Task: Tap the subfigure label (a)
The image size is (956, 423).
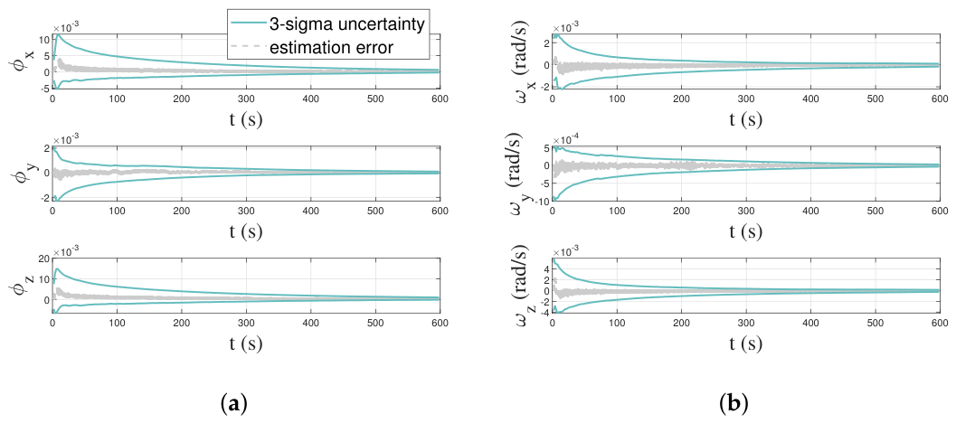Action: [x=235, y=403]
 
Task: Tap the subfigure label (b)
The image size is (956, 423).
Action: [x=733, y=403]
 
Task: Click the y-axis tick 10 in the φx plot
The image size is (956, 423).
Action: [x=43, y=41]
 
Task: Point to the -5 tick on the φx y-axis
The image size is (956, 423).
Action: [x=43, y=89]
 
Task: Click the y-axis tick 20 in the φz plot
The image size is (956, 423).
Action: [x=43, y=259]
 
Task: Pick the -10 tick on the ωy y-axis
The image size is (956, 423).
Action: [x=539, y=200]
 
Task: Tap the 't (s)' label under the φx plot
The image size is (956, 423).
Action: [x=246, y=118]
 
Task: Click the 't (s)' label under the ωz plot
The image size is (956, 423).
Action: [x=745, y=343]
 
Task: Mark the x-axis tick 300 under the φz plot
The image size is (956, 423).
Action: [x=246, y=323]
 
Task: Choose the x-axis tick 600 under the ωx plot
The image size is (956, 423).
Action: [x=939, y=99]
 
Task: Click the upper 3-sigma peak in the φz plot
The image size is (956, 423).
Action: [x=57, y=268]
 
